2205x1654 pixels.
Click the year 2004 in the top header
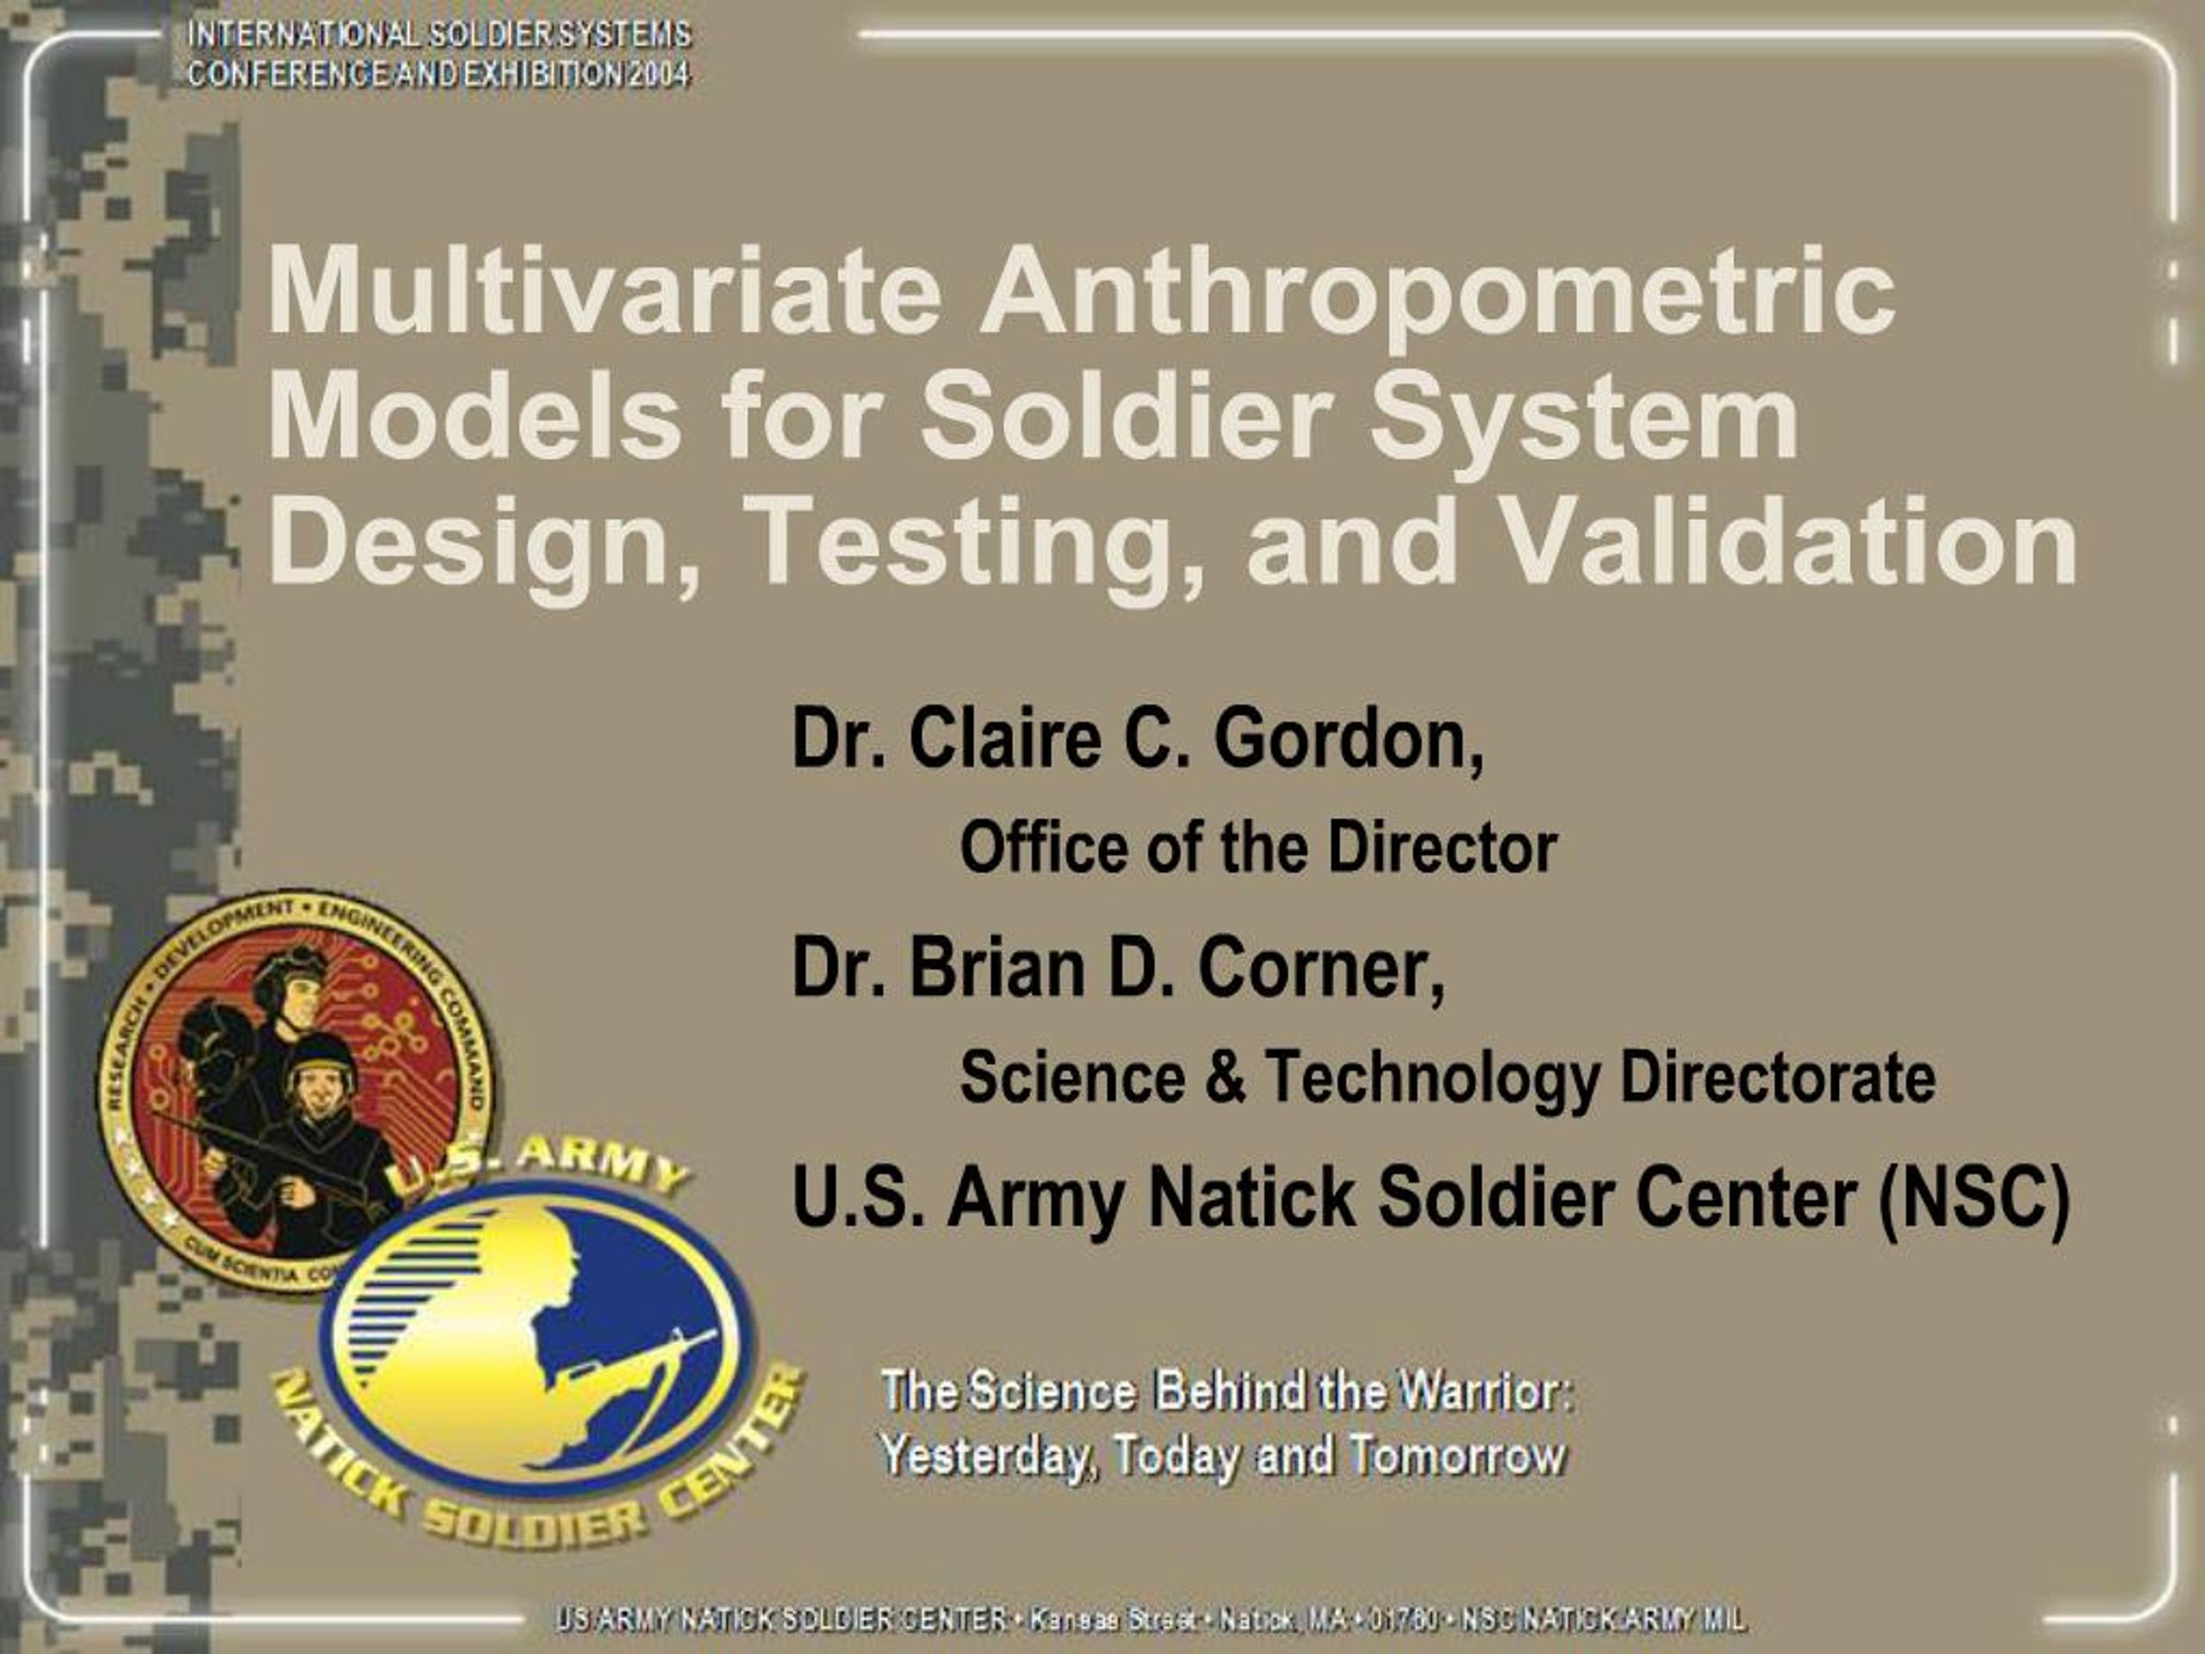coord(659,74)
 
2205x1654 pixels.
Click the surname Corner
coord(1320,968)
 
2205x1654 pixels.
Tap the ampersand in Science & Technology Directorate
coord(1225,1078)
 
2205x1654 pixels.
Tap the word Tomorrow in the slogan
coord(1457,1456)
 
